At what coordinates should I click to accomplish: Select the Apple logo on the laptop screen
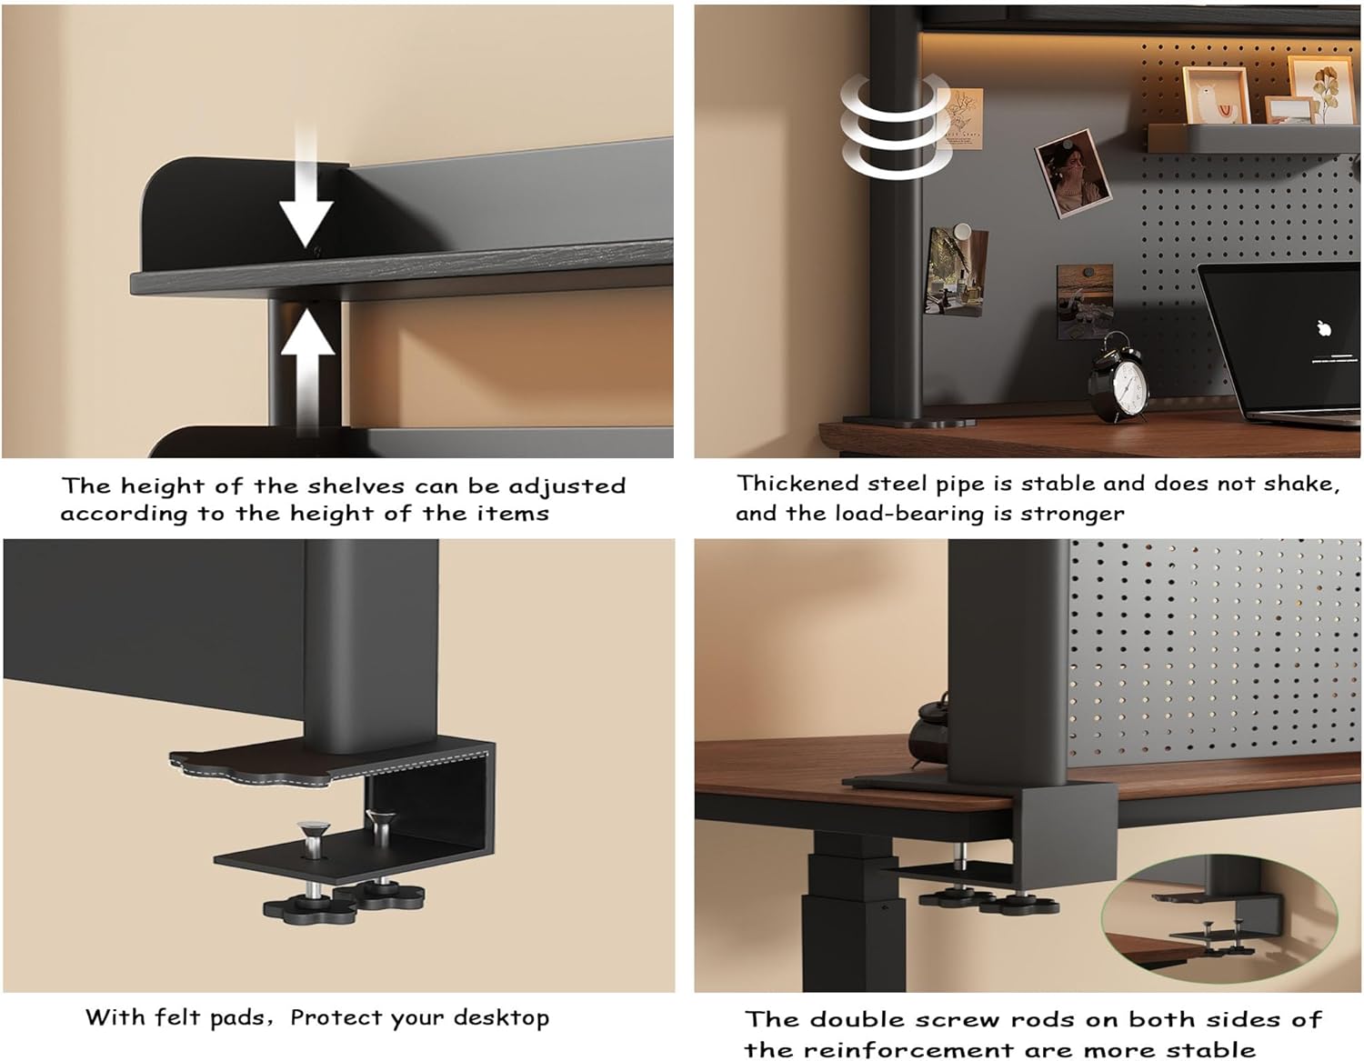coord(1324,329)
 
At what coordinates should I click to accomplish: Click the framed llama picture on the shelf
coord(1217,95)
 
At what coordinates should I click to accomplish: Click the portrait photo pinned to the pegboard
coord(1073,173)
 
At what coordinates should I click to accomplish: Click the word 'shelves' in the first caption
coord(356,486)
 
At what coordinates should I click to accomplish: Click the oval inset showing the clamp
coord(1219,918)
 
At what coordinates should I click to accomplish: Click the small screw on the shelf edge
coord(316,250)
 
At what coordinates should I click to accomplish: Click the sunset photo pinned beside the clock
coord(1085,301)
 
